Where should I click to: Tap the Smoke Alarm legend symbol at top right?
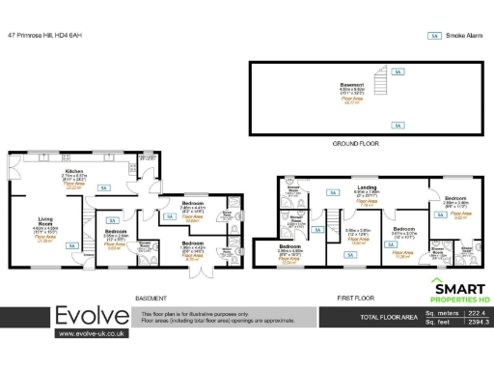click(x=434, y=36)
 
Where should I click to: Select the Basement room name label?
click(x=351, y=85)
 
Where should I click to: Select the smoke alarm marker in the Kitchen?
click(x=103, y=187)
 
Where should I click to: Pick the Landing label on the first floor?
click(x=367, y=186)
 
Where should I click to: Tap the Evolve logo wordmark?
click(x=92, y=316)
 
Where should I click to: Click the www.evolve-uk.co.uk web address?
click(x=92, y=333)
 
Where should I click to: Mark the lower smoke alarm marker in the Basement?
click(x=396, y=125)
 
